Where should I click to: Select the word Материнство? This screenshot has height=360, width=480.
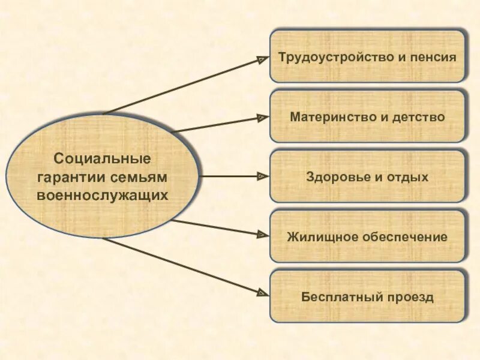332,117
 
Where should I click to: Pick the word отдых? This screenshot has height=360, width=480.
408,177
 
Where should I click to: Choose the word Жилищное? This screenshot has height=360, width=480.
320,237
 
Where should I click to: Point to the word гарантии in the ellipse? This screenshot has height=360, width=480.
71,178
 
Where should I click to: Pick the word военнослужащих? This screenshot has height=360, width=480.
102,196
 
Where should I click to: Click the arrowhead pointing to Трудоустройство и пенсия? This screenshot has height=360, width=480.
262,59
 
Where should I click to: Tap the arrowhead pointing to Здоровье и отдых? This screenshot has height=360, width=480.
262,176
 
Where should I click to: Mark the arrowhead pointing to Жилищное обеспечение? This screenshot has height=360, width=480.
262,234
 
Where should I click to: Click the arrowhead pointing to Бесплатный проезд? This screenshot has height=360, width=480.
262,292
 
